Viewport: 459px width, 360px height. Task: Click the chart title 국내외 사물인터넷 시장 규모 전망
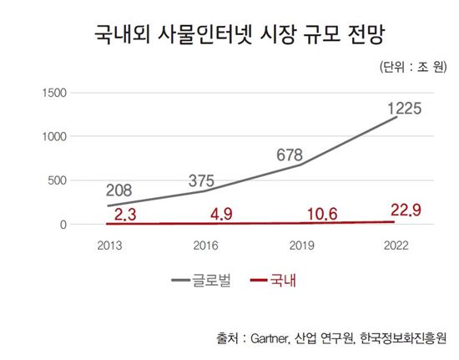point(229,34)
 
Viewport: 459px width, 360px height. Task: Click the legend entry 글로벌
point(216,281)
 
